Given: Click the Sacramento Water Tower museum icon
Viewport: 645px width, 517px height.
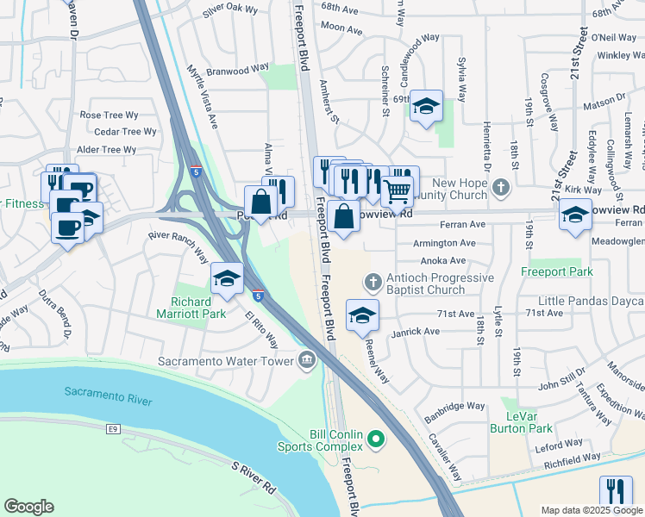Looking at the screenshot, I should [x=306, y=361].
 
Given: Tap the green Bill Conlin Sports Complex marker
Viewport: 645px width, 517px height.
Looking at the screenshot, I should [x=375, y=439].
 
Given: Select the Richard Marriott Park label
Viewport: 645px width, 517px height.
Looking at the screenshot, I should [x=198, y=308].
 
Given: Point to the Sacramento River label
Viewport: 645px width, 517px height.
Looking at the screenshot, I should [x=108, y=396].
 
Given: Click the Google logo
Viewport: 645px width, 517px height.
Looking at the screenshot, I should [x=28, y=507].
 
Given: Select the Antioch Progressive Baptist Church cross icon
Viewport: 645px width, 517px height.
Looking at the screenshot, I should [x=373, y=282].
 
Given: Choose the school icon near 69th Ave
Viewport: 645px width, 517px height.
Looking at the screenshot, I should [x=426, y=106].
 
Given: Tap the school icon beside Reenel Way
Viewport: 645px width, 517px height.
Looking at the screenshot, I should [x=363, y=315].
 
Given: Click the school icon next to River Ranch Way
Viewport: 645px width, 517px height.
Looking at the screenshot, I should [x=227, y=277].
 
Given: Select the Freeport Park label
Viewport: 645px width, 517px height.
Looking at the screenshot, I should [x=556, y=272].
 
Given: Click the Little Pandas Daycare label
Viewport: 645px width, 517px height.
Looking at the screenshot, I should [x=591, y=302].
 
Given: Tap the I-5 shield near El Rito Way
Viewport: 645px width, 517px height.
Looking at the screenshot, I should [x=259, y=296].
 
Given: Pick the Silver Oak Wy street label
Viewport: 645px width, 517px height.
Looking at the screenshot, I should [x=230, y=9].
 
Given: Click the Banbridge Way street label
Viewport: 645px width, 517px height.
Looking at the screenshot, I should [x=455, y=405].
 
